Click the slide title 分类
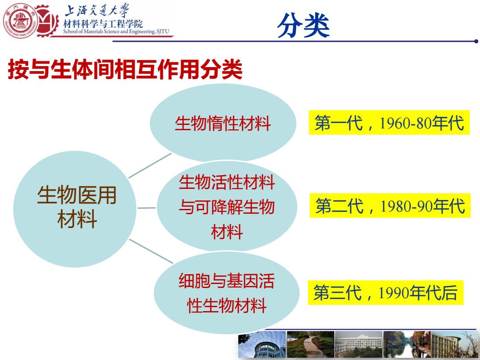click(303, 26)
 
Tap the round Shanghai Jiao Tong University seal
click(20, 21)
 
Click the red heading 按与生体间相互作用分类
click(125, 69)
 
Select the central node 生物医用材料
click(75, 209)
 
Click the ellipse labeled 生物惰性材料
click(223, 123)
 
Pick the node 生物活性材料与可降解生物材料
click(227, 206)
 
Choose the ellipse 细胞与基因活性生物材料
click(227, 292)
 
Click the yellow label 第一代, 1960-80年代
click(389, 123)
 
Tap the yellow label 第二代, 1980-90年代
click(390, 205)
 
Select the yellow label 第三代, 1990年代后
click(386, 292)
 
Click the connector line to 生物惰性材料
click(150, 166)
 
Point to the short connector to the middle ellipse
click(147, 208)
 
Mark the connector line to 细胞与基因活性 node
click(151, 251)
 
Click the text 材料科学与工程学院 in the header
click(103, 24)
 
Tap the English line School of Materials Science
click(116, 31)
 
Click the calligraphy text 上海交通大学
click(97, 11)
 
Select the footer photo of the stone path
click(310, 344)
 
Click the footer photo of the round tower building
click(262, 344)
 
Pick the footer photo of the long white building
click(359, 344)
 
